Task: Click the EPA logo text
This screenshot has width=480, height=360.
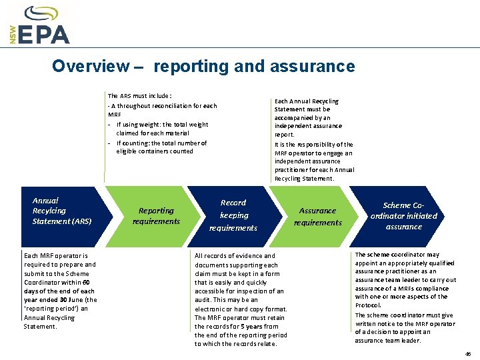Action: click(x=45, y=34)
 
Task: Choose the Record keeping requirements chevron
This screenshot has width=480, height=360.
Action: click(x=233, y=215)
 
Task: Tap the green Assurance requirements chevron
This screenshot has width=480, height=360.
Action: click(x=317, y=216)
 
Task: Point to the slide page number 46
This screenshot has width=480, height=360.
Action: click(x=468, y=354)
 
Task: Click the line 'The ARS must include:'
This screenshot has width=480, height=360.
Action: click(x=139, y=96)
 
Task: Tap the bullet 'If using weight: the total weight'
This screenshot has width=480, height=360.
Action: click(x=162, y=125)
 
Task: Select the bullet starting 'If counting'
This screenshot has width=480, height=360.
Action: click(x=161, y=143)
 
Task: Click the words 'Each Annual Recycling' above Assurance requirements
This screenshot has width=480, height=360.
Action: click(x=307, y=101)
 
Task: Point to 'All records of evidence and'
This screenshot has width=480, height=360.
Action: click(x=235, y=256)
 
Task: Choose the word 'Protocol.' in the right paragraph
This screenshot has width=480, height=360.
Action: click(x=368, y=305)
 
